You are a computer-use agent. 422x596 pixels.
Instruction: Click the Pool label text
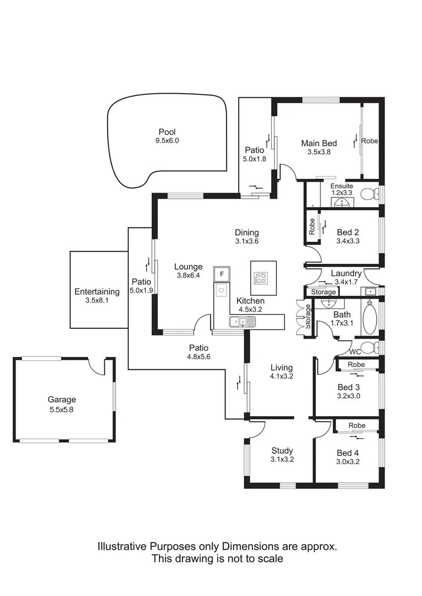167,132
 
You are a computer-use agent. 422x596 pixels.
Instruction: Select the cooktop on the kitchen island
259,278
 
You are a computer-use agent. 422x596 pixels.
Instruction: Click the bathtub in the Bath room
370,318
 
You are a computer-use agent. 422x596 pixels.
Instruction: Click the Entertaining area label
97,292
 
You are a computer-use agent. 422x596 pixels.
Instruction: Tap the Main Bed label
319,143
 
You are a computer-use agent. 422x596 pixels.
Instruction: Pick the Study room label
282,451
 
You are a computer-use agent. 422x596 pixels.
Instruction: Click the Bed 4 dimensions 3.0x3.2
348,462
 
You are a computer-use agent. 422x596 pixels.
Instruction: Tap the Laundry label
346,273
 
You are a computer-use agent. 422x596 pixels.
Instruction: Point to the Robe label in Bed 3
356,365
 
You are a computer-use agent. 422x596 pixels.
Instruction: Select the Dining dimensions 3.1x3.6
246,241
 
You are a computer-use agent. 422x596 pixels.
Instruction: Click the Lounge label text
189,267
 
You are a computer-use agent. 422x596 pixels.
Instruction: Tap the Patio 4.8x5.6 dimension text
198,356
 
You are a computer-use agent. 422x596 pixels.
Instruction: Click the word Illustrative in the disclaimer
123,546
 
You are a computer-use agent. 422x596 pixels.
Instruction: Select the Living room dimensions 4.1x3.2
281,376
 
